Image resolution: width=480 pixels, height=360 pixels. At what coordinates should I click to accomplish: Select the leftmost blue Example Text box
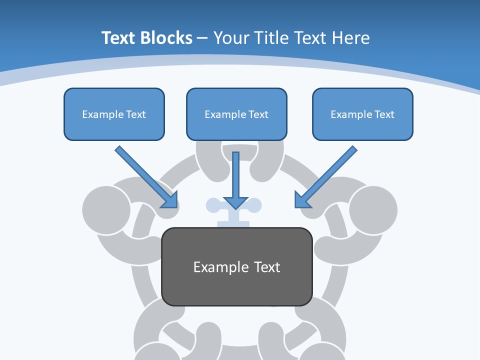click(x=114, y=114)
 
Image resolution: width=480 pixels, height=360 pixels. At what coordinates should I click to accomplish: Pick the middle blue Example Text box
click(x=236, y=114)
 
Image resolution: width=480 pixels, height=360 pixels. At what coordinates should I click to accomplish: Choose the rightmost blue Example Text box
click(x=362, y=114)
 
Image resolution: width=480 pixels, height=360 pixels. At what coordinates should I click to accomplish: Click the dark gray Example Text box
click(x=237, y=266)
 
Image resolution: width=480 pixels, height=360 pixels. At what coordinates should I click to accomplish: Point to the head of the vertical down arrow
click(x=235, y=202)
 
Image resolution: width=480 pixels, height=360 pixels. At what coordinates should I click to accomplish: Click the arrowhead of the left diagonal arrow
click(x=171, y=201)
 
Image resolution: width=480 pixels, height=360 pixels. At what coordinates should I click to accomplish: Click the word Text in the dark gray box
click(x=267, y=267)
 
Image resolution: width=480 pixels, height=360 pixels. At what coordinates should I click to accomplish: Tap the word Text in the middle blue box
click(x=258, y=114)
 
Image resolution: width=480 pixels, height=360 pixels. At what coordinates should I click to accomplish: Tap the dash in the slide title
click(x=202, y=38)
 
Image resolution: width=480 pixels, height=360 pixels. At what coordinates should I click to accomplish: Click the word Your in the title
click(x=230, y=38)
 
